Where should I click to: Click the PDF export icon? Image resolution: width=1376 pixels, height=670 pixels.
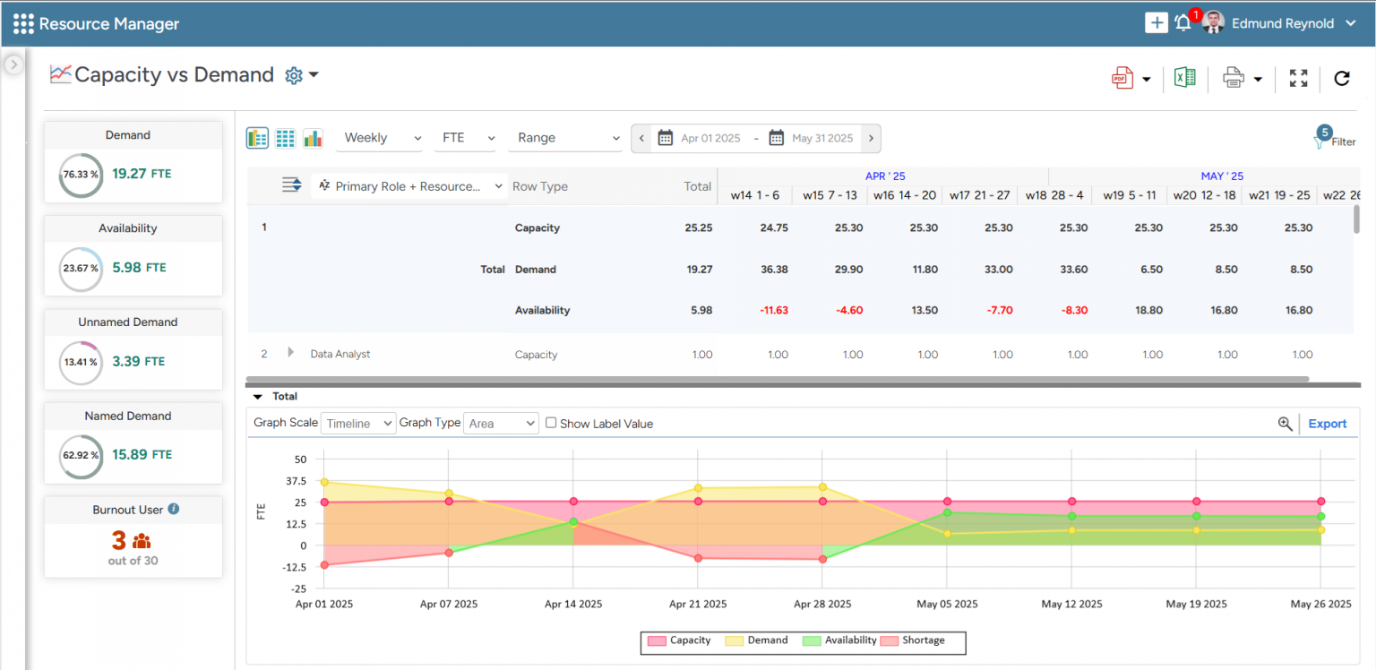click(1122, 78)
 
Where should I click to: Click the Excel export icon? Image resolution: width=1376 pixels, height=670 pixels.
click(1184, 78)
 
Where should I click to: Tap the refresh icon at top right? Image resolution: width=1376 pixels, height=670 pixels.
click(1341, 78)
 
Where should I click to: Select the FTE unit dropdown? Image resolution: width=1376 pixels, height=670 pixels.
click(466, 138)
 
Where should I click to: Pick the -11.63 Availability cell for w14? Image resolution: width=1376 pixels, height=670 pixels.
click(774, 310)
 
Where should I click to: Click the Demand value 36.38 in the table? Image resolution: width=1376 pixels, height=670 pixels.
click(774, 269)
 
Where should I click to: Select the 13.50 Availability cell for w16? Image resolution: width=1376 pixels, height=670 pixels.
click(924, 310)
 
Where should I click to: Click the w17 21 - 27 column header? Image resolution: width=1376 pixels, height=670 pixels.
click(979, 194)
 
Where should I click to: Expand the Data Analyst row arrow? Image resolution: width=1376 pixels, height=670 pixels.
click(290, 353)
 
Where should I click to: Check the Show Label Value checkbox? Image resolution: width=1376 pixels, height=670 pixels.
click(551, 423)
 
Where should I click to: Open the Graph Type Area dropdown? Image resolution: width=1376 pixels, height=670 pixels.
click(502, 423)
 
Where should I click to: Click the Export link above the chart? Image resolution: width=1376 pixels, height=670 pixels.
click(1327, 424)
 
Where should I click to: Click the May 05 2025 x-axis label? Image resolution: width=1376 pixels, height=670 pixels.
click(947, 604)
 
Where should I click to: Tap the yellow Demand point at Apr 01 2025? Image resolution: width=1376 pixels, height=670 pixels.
click(324, 482)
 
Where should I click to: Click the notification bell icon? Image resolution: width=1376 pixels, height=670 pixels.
click(1182, 23)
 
